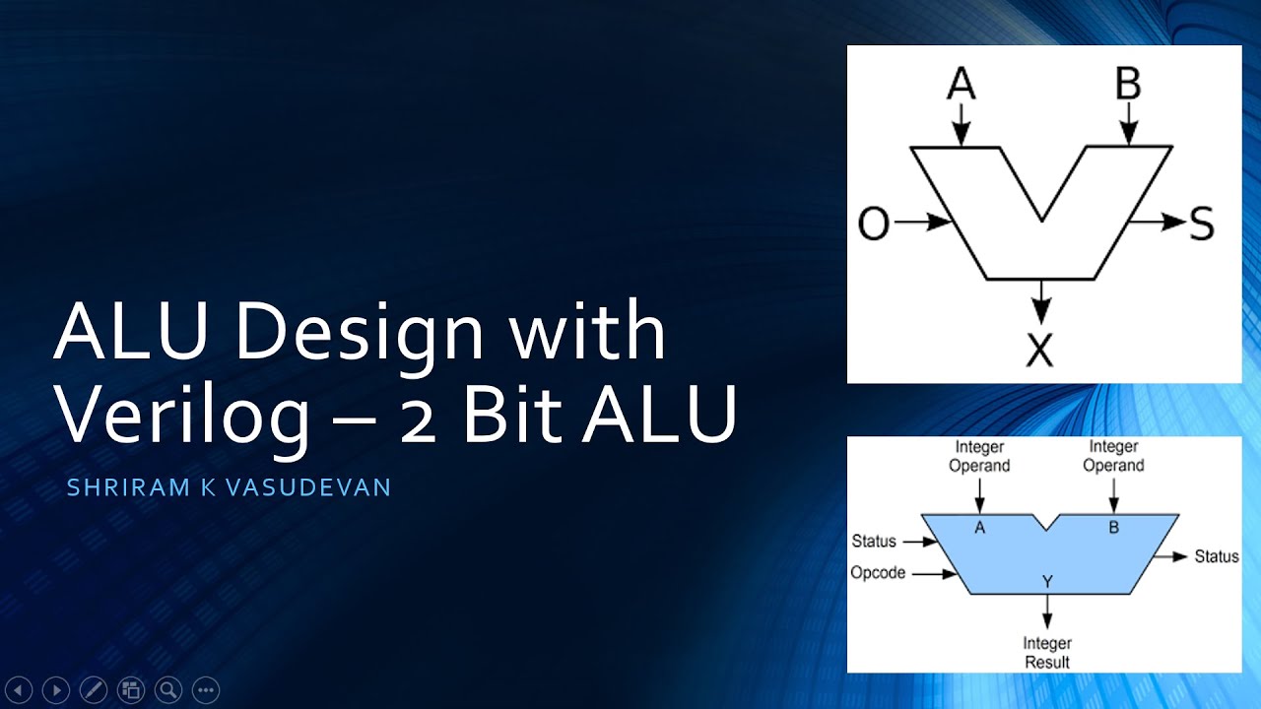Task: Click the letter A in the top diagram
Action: pos(961,86)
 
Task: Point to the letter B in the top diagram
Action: pos(1128,86)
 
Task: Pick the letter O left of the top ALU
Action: pos(874,225)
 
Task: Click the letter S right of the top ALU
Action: pos(1201,225)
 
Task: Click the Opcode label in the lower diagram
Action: pos(878,572)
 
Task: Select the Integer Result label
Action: pos(1046,653)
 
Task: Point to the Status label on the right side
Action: pos(1216,556)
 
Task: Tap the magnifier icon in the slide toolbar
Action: pos(167,689)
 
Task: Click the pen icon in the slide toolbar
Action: pos(93,689)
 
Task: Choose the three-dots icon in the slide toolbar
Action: pos(205,689)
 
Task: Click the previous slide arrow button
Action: pos(20,689)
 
